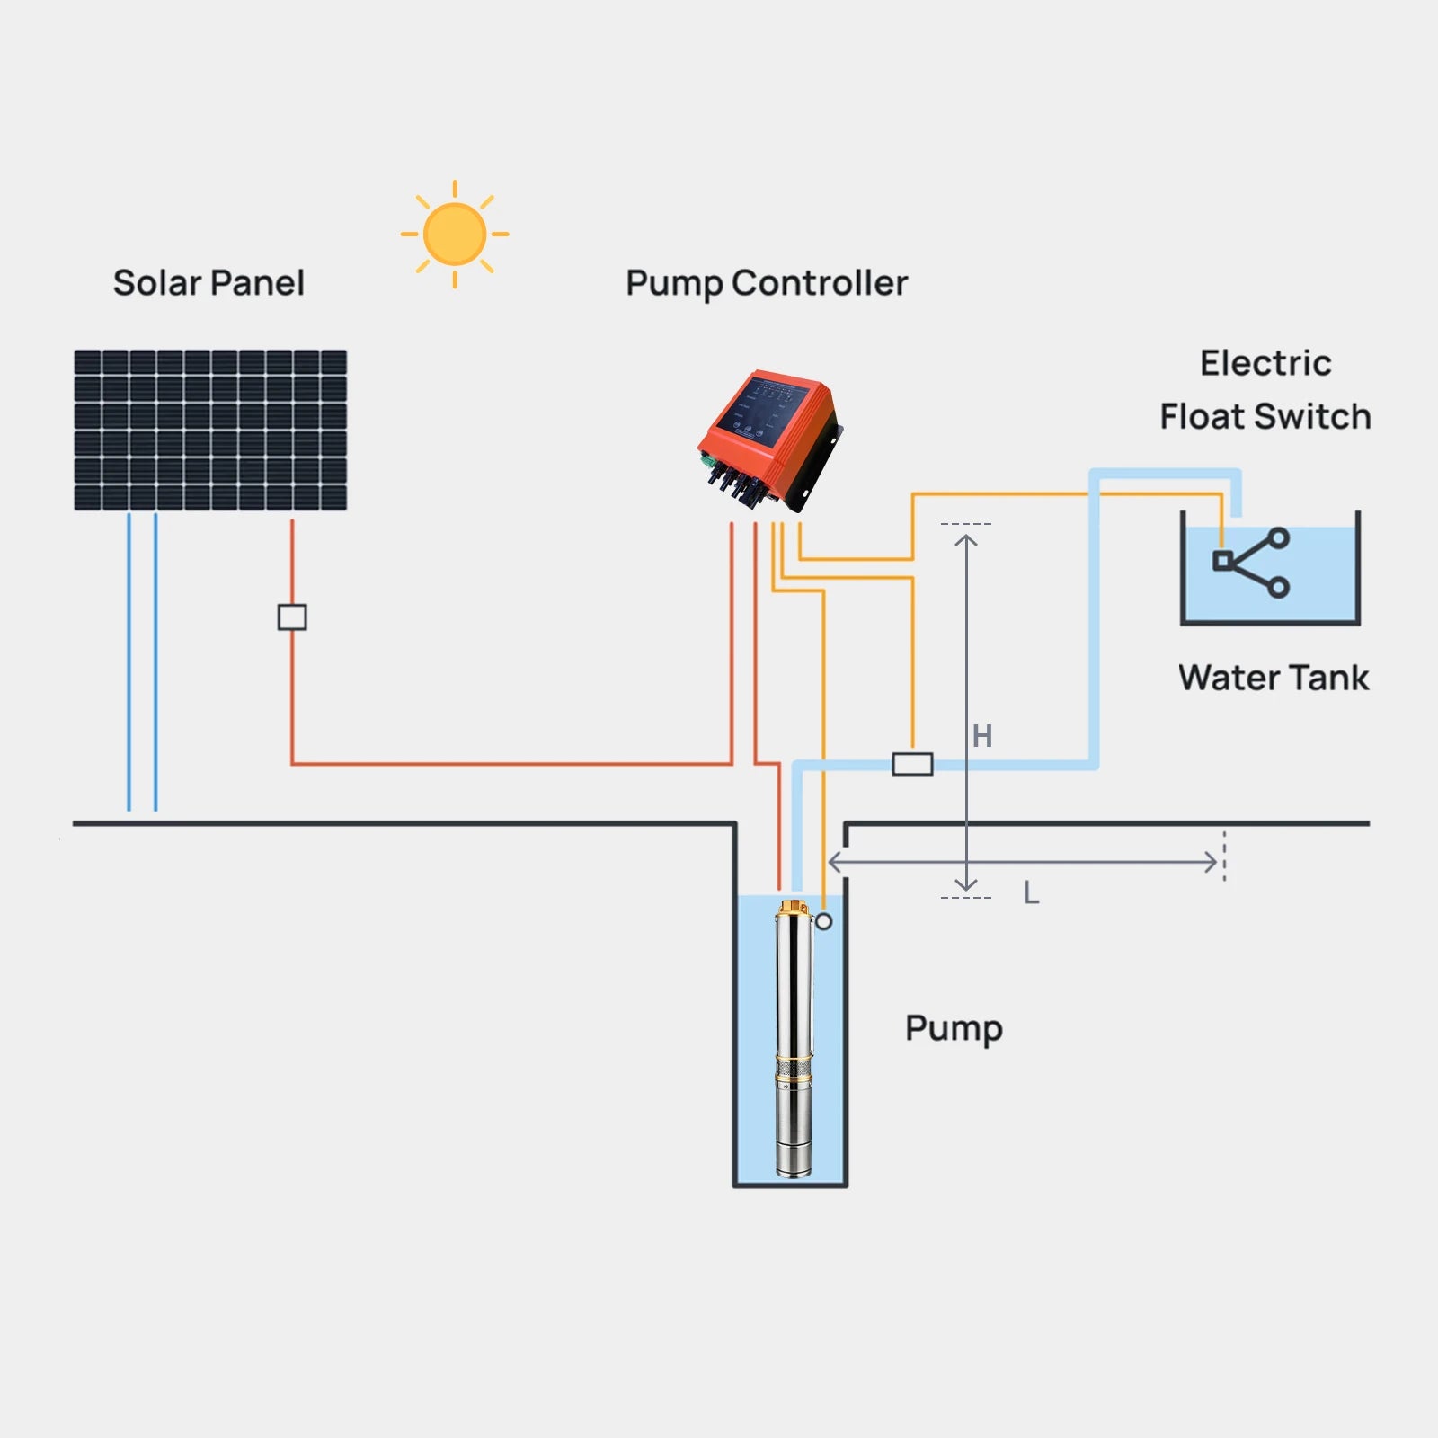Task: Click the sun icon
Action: (455, 234)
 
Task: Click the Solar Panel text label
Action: (209, 283)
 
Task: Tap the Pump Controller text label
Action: (767, 283)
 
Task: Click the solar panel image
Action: (210, 431)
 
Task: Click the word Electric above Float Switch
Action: (1265, 363)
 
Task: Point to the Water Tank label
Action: (1273, 678)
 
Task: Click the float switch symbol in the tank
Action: (1251, 563)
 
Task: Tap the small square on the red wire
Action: (292, 617)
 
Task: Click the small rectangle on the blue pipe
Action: (912, 765)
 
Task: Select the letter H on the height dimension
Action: (982, 736)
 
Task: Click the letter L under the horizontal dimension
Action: (1031, 893)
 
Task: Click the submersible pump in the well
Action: (794, 1043)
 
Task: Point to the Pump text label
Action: (953, 1028)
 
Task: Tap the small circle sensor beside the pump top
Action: (823, 921)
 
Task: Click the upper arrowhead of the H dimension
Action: (966, 540)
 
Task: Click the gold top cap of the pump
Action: (794, 909)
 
